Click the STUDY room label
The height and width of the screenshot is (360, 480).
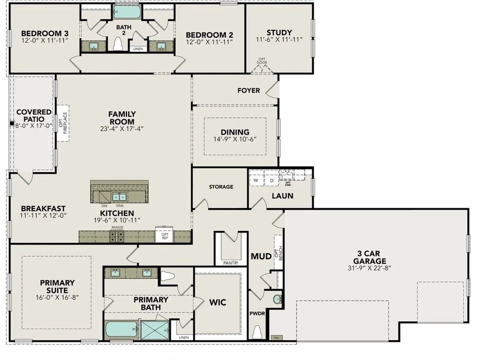pos(279,33)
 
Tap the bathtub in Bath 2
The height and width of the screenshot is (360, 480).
pos(126,12)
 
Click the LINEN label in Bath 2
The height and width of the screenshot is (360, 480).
pos(138,49)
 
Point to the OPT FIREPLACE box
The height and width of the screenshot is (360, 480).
pos(63,123)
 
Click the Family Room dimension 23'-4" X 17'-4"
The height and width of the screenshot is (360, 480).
pos(122,129)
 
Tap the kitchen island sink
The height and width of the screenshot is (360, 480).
pos(120,197)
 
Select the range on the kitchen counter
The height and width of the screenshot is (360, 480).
pos(117,235)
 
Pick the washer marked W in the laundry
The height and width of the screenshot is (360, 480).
pos(256,180)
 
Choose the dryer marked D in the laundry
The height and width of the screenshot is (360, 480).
pos(271,180)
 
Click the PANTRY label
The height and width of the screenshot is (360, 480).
pos(230,263)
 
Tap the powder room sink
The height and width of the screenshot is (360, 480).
pos(277,300)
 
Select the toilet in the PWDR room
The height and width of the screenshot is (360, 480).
pos(257,332)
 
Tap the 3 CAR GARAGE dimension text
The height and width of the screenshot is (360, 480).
pos(369,268)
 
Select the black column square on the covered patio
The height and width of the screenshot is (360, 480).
pos(12,123)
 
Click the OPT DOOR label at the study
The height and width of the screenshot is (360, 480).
pos(262,61)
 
